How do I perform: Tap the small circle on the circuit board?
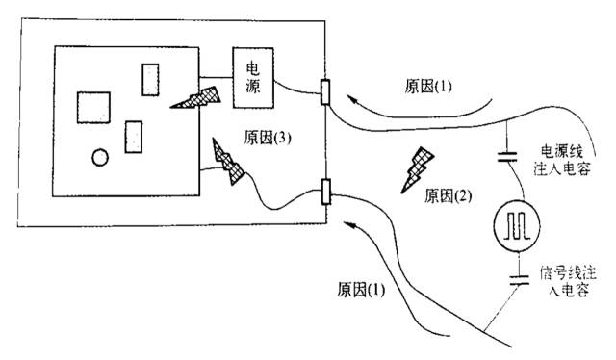click(x=99, y=157)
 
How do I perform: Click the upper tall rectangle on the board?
click(x=150, y=79)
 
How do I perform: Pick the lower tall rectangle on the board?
click(x=134, y=137)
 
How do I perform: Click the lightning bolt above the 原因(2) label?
click(x=420, y=165)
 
